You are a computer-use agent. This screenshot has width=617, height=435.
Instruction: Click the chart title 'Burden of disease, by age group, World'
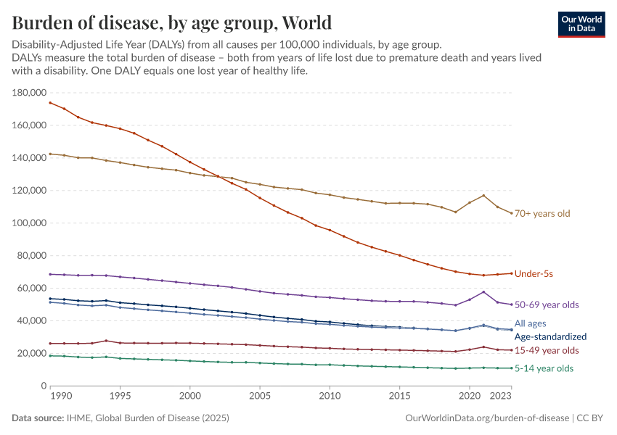pos(172,22)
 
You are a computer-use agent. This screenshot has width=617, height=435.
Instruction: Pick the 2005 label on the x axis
pos(260,397)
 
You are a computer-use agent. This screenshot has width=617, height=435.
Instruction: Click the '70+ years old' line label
pos(542,214)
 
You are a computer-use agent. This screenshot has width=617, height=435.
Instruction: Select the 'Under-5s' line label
pos(534,274)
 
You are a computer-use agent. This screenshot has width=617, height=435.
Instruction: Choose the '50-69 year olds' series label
pos(547,305)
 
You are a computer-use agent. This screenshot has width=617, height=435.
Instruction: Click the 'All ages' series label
pos(530,323)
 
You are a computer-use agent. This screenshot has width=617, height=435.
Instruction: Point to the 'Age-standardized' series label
pos(550,337)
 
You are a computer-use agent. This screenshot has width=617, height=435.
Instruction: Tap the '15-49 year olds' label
pos(547,351)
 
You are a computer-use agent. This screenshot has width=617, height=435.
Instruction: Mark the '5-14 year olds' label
pos(544,368)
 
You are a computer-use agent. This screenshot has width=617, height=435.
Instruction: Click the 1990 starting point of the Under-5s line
pos(50,102)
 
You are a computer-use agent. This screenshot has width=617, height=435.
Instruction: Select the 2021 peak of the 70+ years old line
pos(483,196)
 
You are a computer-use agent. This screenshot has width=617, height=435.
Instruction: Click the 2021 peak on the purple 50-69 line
pos(483,292)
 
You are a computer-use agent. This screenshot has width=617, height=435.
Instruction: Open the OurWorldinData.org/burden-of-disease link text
pos(486,418)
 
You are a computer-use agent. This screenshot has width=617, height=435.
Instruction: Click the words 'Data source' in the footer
pos(37,418)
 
